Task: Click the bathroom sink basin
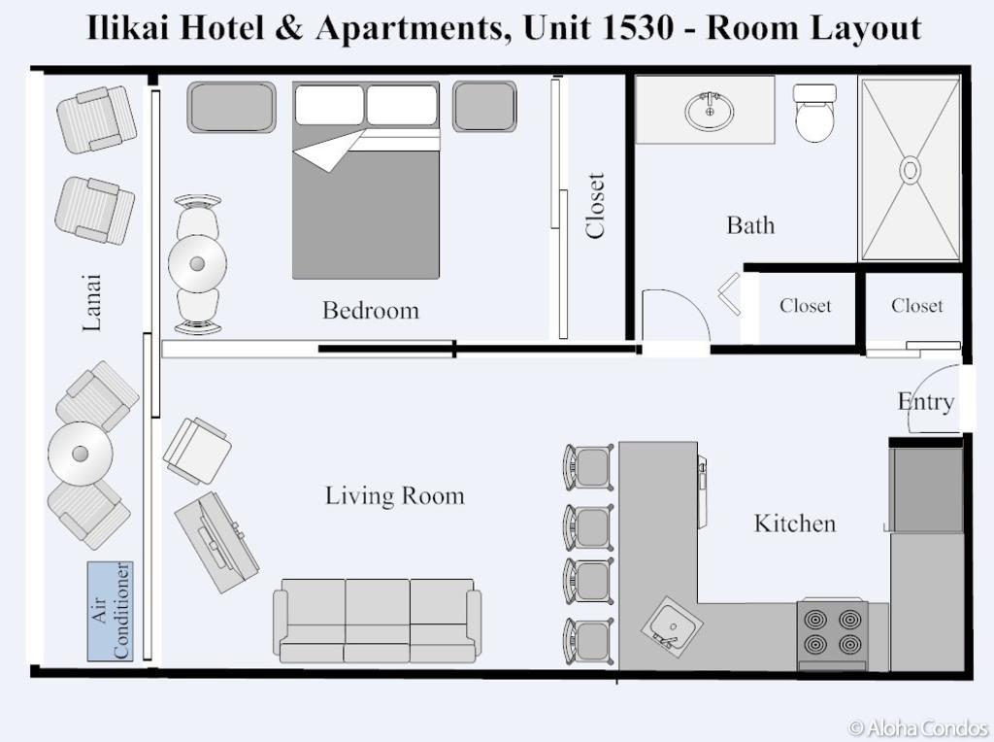(x=710, y=112)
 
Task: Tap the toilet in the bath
(x=814, y=113)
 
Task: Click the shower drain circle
(x=910, y=170)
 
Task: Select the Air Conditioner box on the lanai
(x=111, y=611)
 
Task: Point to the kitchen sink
(x=672, y=627)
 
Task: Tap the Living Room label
(x=394, y=496)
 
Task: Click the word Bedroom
(x=371, y=310)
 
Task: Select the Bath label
(x=750, y=225)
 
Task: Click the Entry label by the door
(x=925, y=402)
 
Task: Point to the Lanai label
(x=92, y=302)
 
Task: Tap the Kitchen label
(x=795, y=523)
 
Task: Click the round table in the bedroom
(x=197, y=264)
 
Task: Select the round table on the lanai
(x=81, y=454)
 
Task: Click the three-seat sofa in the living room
(x=378, y=621)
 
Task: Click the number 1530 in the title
(x=634, y=28)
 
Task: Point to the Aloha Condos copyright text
(x=918, y=727)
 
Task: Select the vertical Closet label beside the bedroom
(x=595, y=206)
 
